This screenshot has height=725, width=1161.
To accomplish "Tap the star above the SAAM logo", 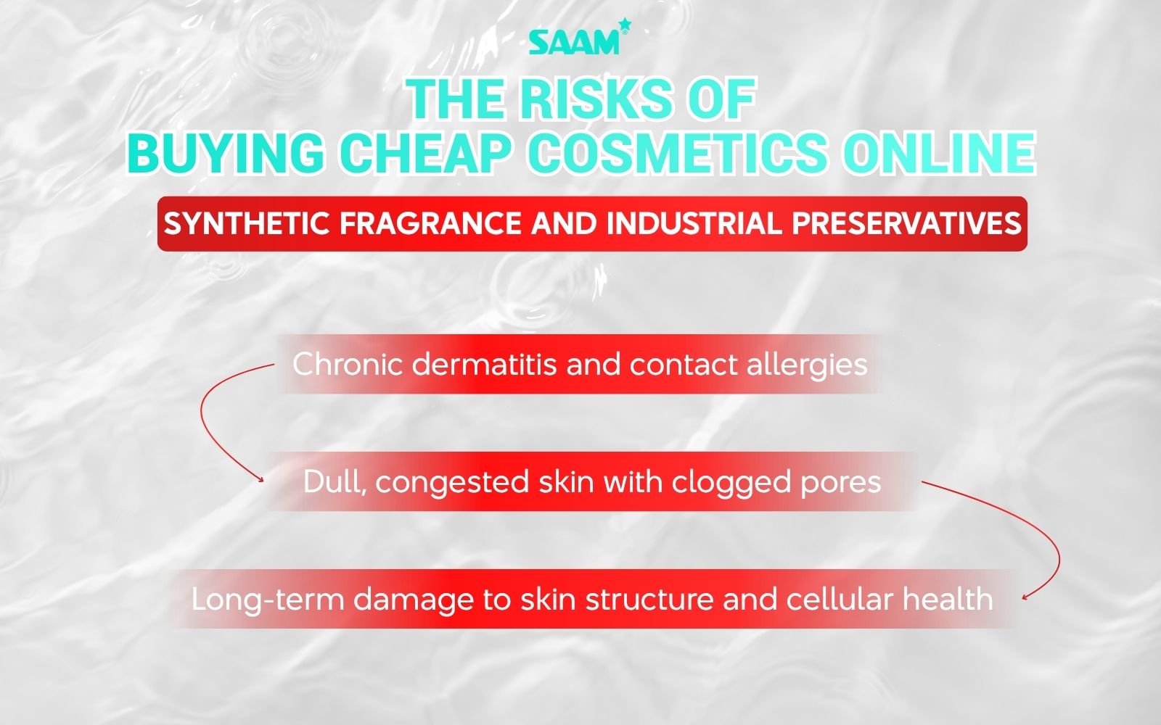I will [x=625, y=26].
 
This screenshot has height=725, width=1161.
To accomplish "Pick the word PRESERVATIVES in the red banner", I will [x=906, y=223].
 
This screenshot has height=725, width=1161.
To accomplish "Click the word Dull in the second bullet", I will [x=330, y=482].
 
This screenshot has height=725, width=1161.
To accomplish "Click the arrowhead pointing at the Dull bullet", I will [x=260, y=478].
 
